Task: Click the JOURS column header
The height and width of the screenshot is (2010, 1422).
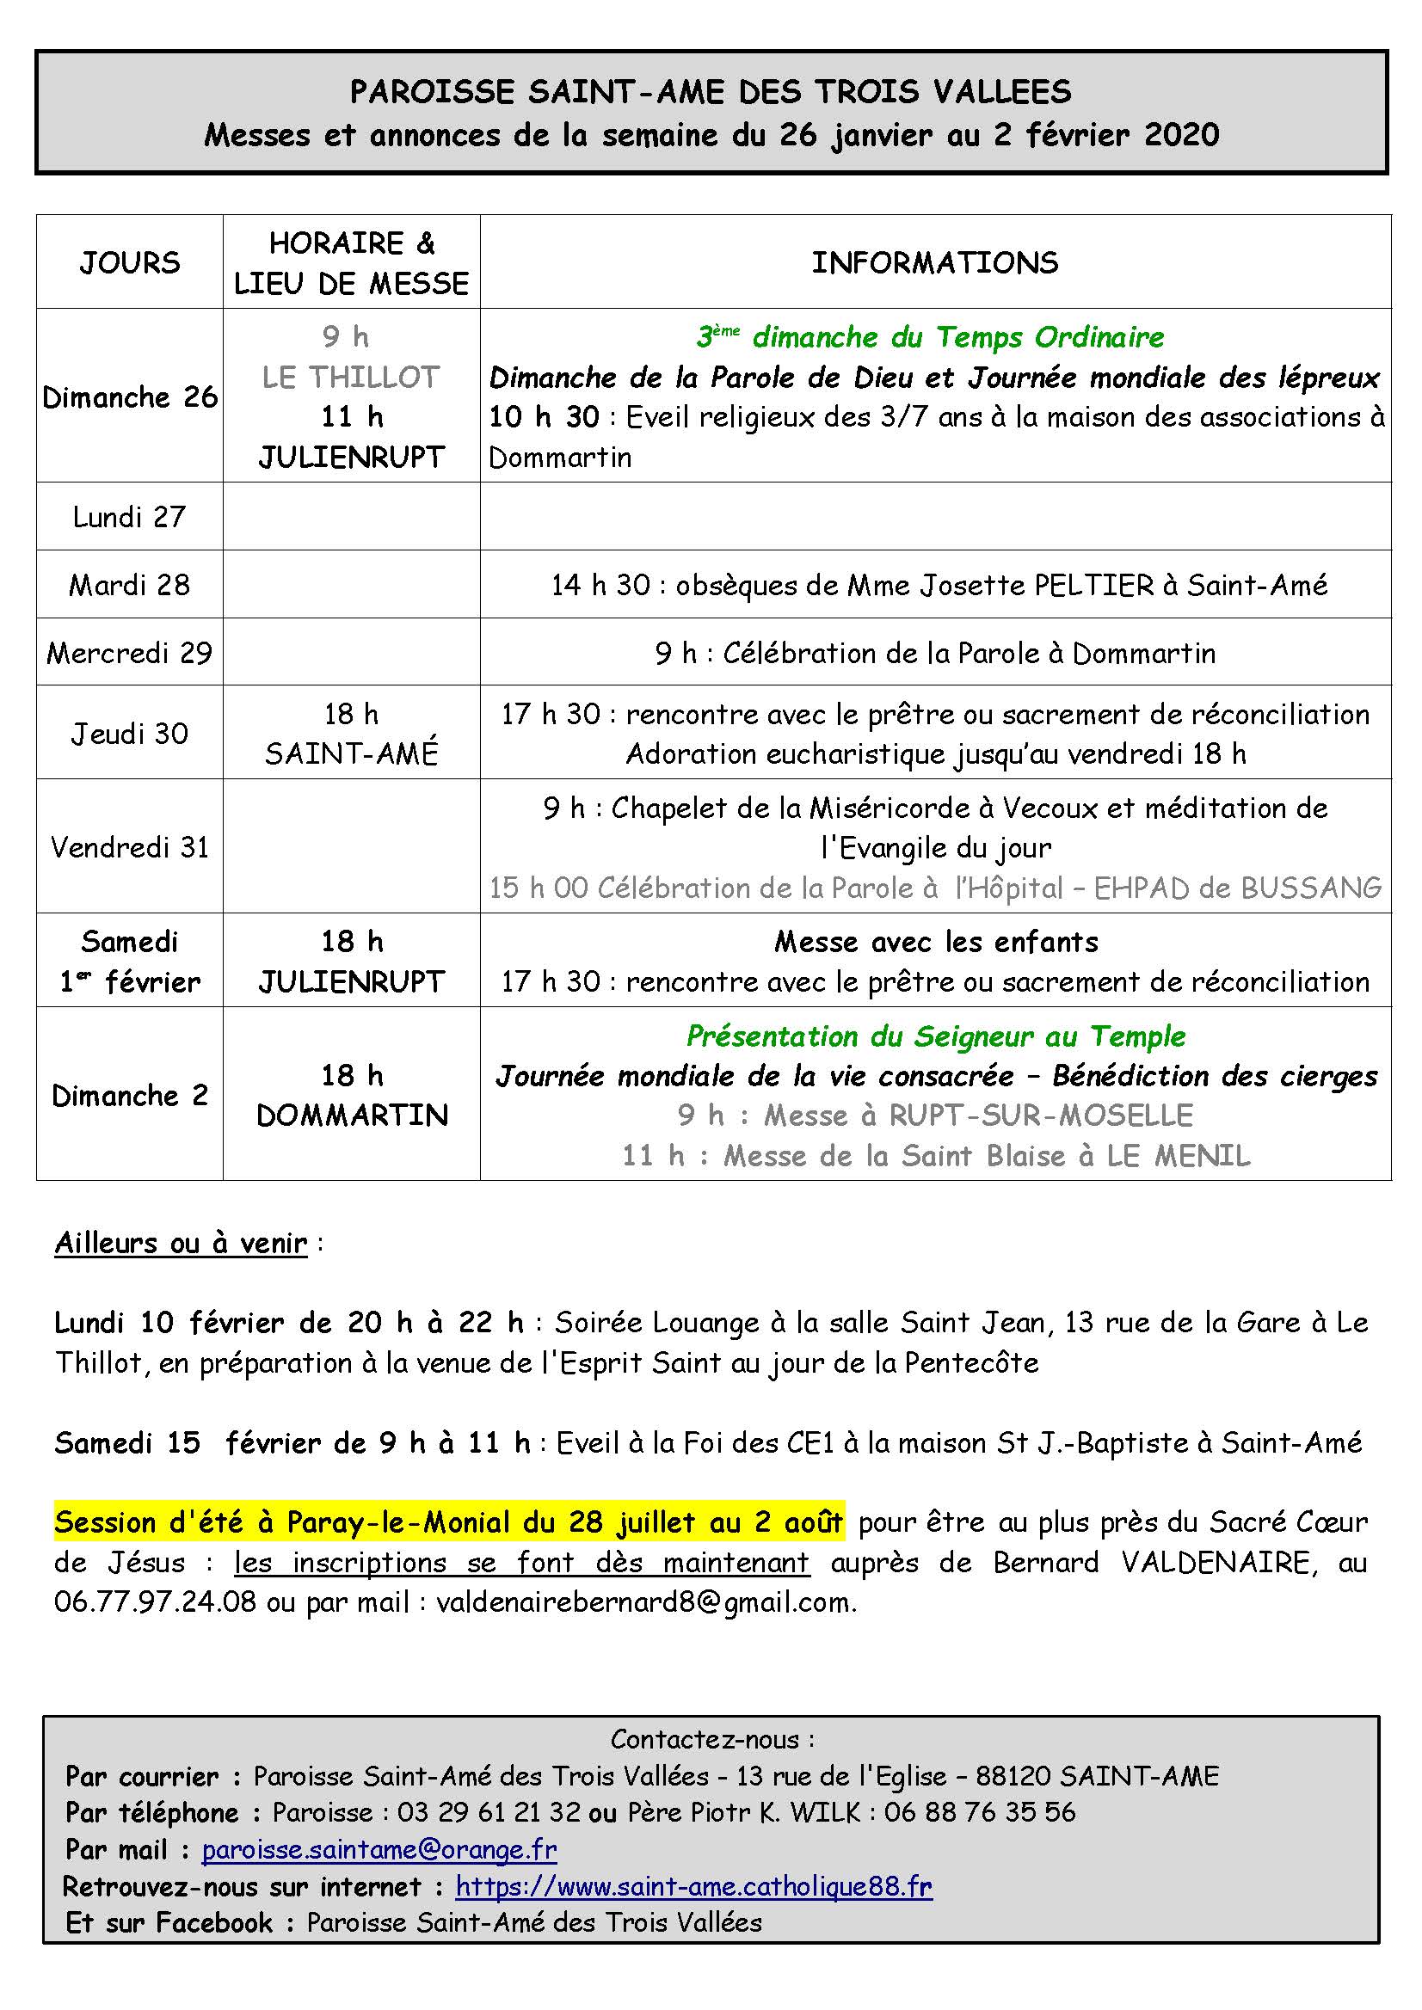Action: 130,262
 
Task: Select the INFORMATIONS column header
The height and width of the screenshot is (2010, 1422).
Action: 934,262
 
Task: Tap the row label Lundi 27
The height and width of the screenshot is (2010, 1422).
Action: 130,518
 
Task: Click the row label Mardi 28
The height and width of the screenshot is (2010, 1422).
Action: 130,585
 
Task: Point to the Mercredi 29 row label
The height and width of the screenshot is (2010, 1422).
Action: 130,653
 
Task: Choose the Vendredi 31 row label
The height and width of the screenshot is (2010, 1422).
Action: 130,847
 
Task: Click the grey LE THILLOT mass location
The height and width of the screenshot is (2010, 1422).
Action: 350,378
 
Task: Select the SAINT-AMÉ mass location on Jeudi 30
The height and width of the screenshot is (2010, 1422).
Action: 351,753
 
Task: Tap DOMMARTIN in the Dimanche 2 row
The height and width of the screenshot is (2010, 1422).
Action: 352,1116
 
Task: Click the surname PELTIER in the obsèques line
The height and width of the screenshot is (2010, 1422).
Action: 1093,585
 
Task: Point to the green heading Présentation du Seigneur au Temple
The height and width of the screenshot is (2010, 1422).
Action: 935,1036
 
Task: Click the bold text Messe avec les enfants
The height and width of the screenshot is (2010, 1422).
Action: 935,942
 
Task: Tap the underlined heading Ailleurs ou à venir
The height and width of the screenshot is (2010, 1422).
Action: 182,1243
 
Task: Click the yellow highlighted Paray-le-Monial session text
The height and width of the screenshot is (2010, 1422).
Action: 448,1523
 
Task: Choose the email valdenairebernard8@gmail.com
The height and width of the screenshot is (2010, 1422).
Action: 644,1602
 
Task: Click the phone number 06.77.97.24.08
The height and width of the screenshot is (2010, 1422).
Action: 155,1602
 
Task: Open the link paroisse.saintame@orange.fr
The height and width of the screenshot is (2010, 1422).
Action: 379,1850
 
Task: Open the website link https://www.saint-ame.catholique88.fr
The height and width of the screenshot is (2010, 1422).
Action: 693,1885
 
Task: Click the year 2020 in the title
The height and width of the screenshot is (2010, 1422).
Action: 1181,135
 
